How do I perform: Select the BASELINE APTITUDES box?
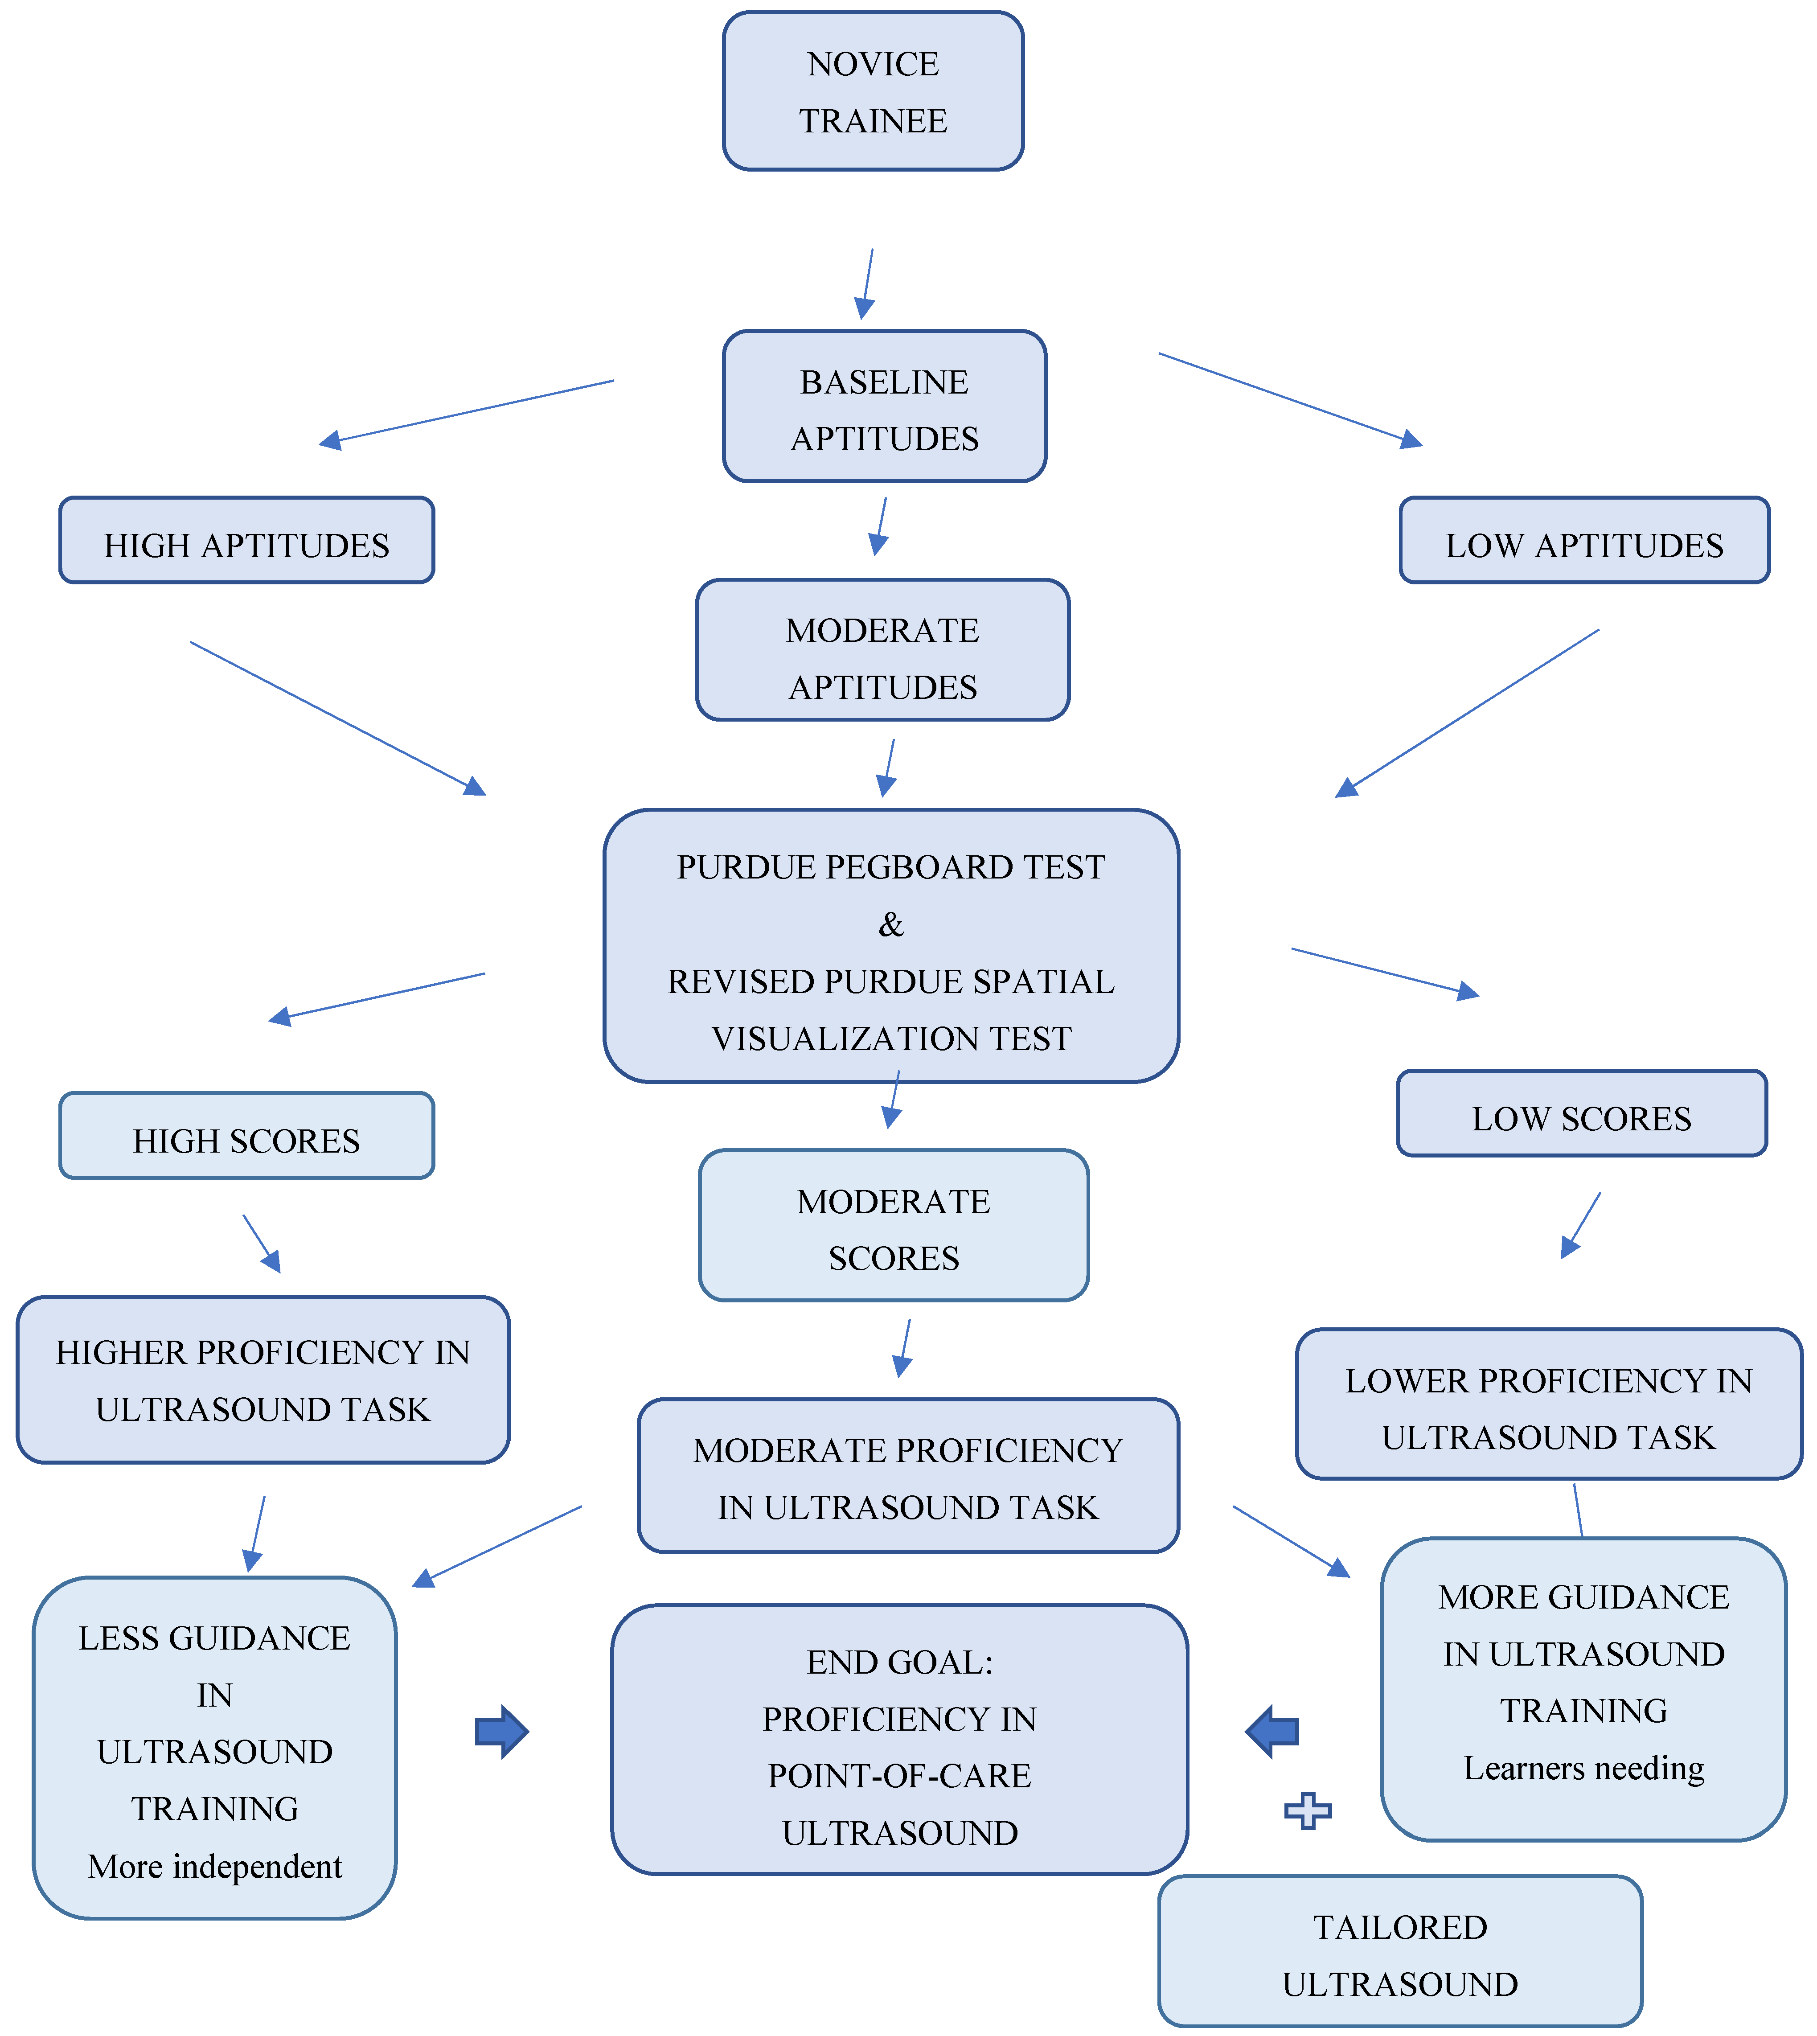(x=885, y=406)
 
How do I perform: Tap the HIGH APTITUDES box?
(x=246, y=540)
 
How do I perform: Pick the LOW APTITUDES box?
(x=1584, y=540)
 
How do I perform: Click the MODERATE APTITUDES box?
(x=882, y=650)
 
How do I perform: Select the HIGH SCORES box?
(x=246, y=1135)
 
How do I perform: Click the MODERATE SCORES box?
(x=894, y=1225)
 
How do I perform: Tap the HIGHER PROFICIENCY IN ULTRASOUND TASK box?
(x=263, y=1380)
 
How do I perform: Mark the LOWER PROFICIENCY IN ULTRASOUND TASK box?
(x=1548, y=1404)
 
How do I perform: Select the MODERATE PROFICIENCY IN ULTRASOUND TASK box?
(x=908, y=1476)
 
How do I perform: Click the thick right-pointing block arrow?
(x=501, y=1732)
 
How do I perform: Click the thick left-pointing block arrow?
(x=1272, y=1732)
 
